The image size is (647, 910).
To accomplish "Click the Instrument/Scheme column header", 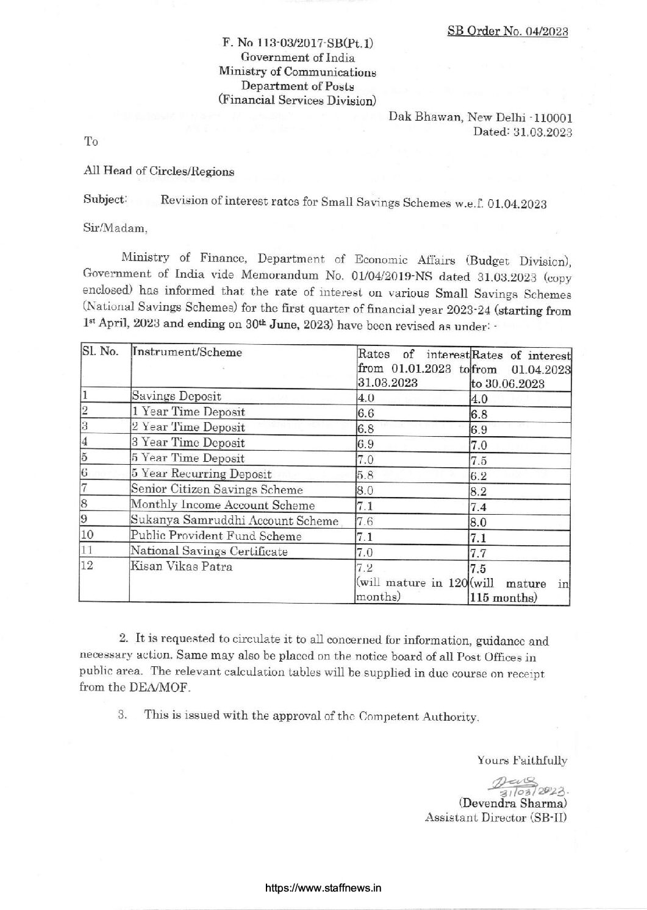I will pos(187,352).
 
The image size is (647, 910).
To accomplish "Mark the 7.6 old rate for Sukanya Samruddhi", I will pos(364,521).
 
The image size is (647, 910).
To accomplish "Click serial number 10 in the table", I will pos(88,536).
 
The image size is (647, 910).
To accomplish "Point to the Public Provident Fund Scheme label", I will pos(216,536).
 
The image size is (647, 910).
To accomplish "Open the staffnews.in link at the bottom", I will pos(323,887).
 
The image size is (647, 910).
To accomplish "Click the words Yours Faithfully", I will pos(522,760).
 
